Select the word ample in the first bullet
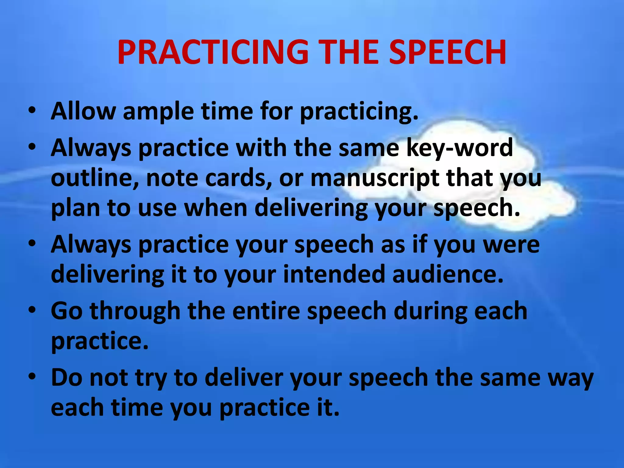(158, 112)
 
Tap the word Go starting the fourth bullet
(67, 311)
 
